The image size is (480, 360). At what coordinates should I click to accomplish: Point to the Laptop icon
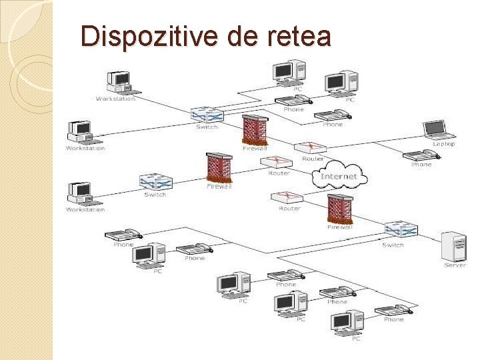(437, 129)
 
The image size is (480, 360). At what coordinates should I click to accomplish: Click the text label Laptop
(443, 143)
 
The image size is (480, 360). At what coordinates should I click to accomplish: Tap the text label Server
(455, 265)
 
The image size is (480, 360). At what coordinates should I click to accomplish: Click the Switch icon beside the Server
(401, 230)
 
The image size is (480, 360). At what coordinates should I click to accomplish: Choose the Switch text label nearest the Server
(393, 245)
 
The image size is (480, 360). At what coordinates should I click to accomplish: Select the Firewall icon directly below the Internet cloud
(340, 209)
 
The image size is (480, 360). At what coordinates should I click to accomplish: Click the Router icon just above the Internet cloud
(309, 149)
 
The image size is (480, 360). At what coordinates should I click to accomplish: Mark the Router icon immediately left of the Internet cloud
(278, 163)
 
